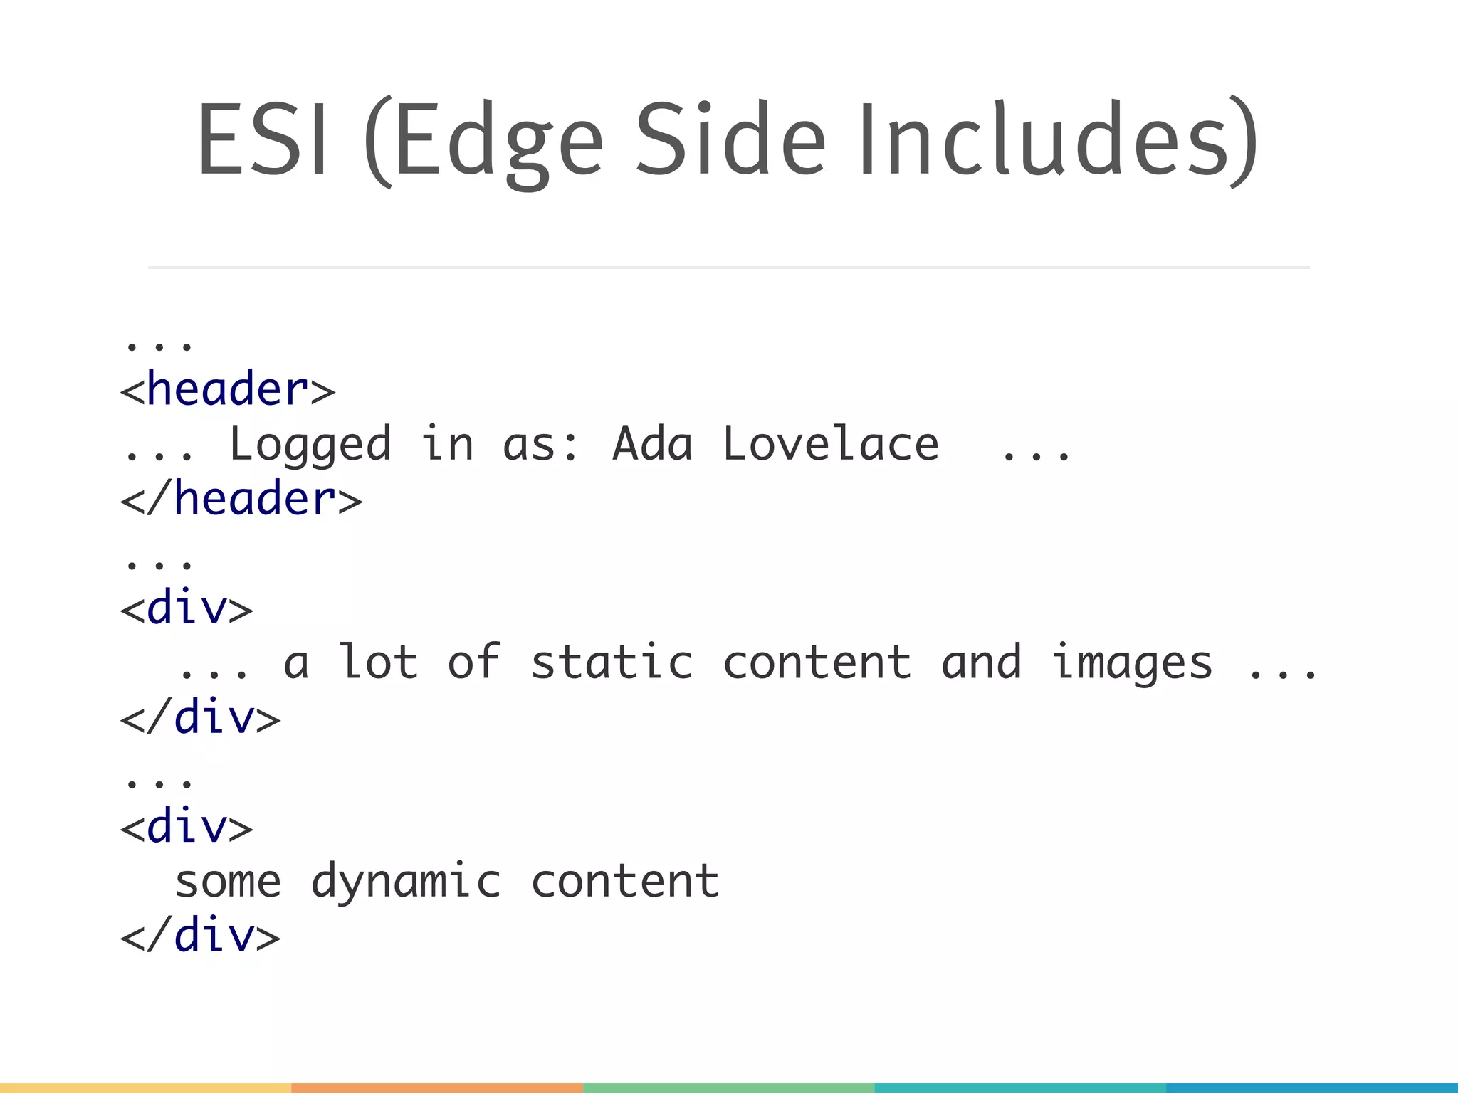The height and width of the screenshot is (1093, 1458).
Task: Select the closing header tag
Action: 241,499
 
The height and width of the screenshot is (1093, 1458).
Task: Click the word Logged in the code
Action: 310,445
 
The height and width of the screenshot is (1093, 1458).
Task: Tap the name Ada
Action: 652,444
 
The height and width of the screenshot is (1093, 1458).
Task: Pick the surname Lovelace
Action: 831,444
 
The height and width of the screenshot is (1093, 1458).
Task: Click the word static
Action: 612,662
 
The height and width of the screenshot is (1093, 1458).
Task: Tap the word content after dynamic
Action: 625,881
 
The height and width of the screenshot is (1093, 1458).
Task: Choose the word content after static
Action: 817,662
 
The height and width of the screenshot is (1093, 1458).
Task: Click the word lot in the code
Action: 378,662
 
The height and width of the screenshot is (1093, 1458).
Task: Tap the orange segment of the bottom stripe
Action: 437,1088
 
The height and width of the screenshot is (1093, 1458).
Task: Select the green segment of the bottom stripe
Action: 728,1088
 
